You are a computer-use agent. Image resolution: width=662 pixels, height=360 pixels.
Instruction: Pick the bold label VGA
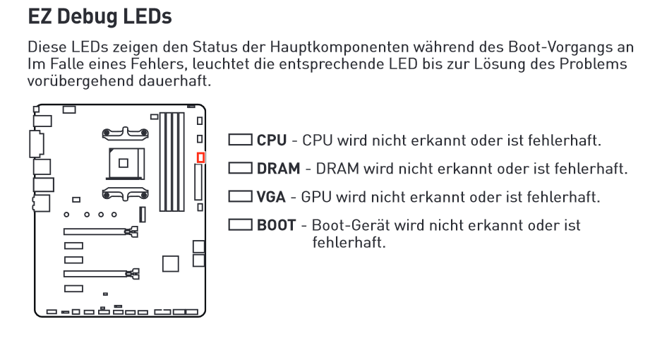(272, 197)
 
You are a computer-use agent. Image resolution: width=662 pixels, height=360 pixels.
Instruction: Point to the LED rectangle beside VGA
(241, 197)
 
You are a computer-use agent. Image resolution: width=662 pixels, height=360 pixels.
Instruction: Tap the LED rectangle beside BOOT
(241, 226)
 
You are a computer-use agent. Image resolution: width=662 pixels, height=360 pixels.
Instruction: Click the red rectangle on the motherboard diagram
(200, 157)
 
